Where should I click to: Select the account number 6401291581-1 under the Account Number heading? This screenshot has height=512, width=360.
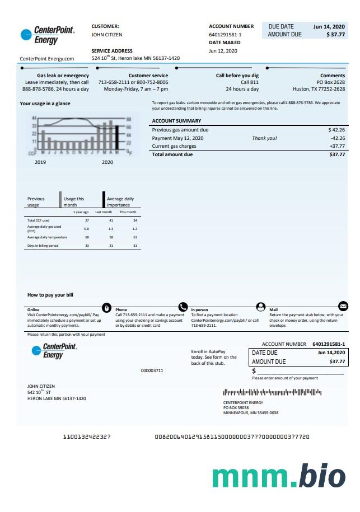pyautogui.click(x=225, y=35)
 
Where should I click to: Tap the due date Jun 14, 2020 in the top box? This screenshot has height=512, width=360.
pyautogui.click(x=329, y=26)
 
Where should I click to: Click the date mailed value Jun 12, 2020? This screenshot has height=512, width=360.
pyautogui.click(x=223, y=51)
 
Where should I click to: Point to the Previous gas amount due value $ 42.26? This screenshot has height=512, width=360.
pyautogui.click(x=336, y=130)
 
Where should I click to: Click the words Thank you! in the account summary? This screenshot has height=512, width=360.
pyautogui.click(x=264, y=138)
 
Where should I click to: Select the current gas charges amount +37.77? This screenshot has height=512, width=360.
pyautogui.click(x=336, y=146)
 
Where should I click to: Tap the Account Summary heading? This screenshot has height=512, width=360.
pyautogui.click(x=176, y=121)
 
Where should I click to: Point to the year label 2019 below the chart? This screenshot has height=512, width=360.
pyautogui.click(x=40, y=162)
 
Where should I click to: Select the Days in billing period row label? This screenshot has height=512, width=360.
pyautogui.click(x=43, y=246)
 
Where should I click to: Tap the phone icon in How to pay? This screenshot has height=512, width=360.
pyautogui.click(x=183, y=307)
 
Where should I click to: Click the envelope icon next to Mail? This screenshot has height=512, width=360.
pyautogui.click(x=343, y=306)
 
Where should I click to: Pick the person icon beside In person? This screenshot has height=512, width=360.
pyautogui.click(x=260, y=307)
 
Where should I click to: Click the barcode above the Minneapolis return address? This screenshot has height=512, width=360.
pyautogui.click(x=272, y=393)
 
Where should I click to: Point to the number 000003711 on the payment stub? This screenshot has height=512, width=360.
pyautogui.click(x=152, y=370)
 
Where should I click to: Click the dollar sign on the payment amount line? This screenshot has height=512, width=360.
pyautogui.click(x=254, y=371)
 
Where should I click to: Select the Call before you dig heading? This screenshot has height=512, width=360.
pyautogui.click(x=237, y=76)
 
